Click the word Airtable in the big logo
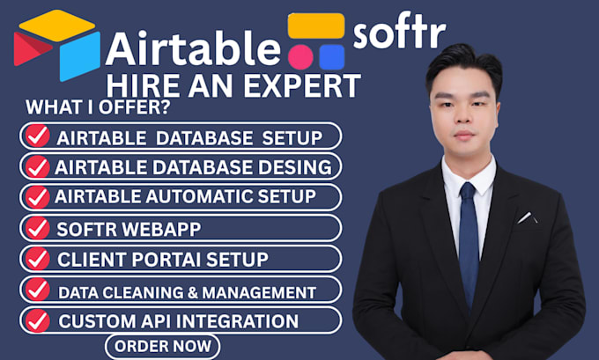tap(193, 48)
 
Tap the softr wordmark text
tap(400, 31)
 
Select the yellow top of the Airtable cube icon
tap(57, 26)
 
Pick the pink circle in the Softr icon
tap(300, 57)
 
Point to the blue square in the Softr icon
tap(332, 57)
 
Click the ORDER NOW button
tap(162, 346)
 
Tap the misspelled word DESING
tap(295, 167)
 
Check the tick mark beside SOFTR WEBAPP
tap(37, 228)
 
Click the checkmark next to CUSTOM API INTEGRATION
tap(37, 320)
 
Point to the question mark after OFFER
tap(166, 107)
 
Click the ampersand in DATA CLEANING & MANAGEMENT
tap(193, 293)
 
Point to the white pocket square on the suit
tap(527, 217)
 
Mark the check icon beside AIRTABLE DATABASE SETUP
tap(37, 136)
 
